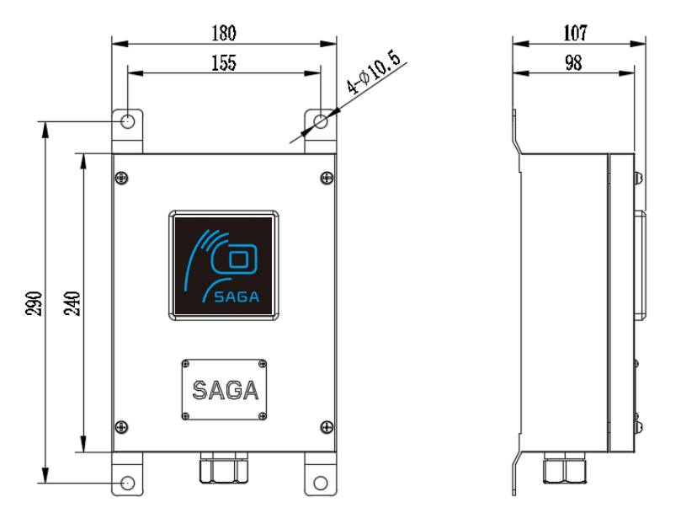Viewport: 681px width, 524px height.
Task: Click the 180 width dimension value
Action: pyautogui.click(x=224, y=33)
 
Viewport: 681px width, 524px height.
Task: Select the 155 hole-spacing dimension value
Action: pyautogui.click(x=224, y=62)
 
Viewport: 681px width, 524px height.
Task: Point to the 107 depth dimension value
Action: pyautogui.click(x=576, y=33)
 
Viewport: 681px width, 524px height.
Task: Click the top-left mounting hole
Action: pyautogui.click(x=127, y=121)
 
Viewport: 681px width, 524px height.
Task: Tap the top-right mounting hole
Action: pyautogui.click(x=320, y=122)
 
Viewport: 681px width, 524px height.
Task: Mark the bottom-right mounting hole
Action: pyautogui.click(x=321, y=483)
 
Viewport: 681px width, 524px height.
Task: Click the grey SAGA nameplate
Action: pyautogui.click(x=225, y=390)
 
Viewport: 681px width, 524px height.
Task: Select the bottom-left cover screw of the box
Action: pyautogui.click(x=123, y=426)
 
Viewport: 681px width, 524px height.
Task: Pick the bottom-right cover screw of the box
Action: pyautogui.click(x=326, y=426)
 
